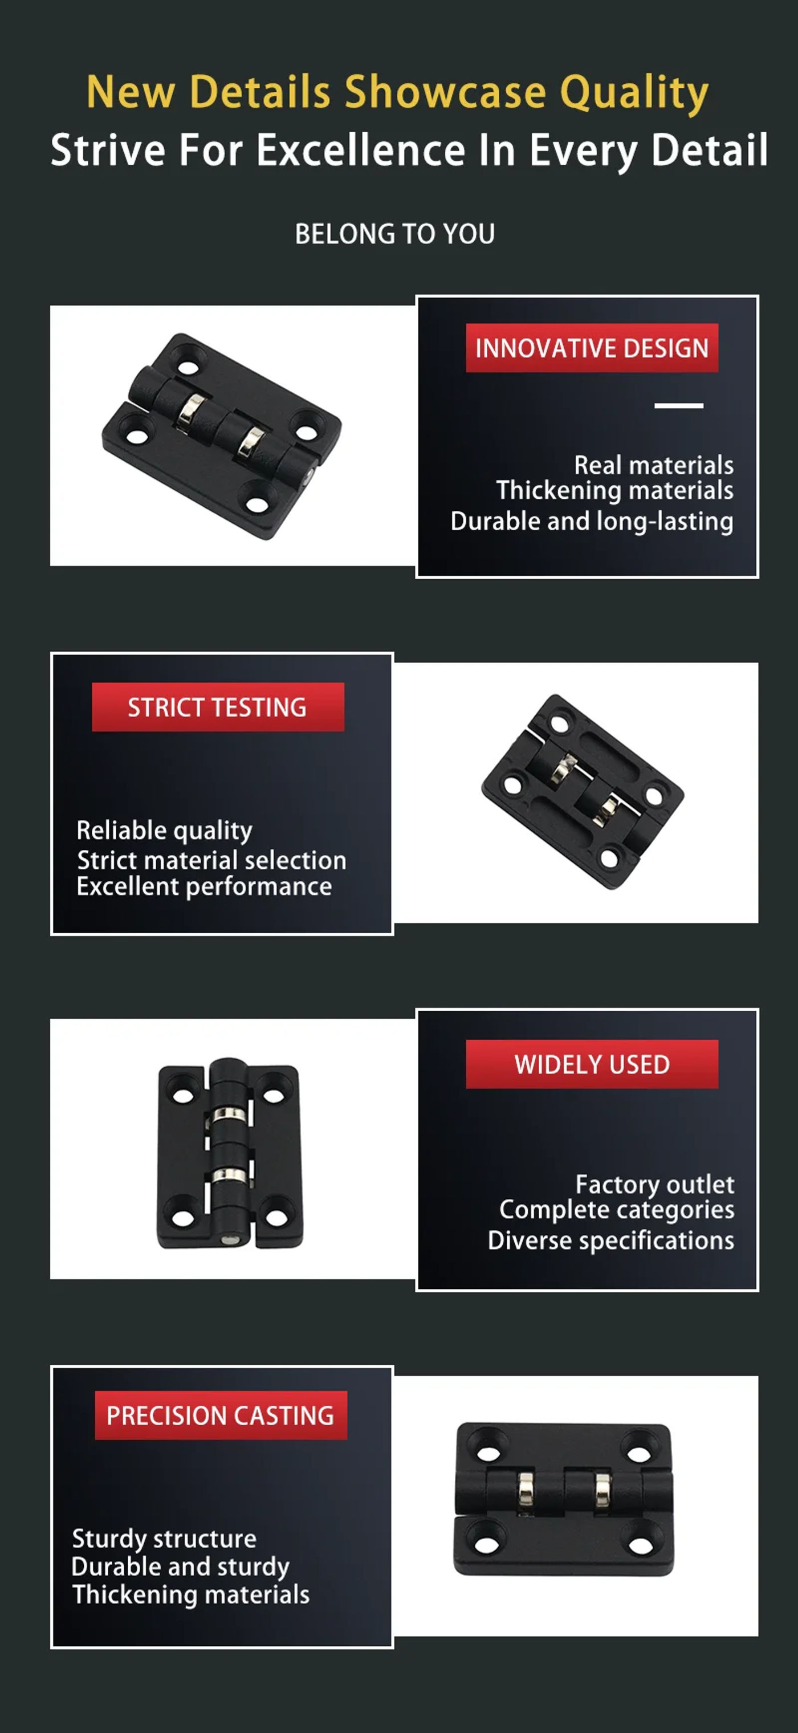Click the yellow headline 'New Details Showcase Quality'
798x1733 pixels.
click(398, 92)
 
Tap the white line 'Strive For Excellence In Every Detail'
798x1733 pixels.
click(409, 150)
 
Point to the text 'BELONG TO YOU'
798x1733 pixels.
click(395, 234)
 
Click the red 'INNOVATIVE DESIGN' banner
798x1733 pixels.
click(592, 348)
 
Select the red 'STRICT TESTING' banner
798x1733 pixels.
click(218, 707)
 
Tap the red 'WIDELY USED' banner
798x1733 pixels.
click(592, 1064)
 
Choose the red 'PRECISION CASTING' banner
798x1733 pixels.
click(221, 1415)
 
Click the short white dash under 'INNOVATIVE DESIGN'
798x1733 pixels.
click(679, 406)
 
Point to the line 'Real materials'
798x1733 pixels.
click(653, 465)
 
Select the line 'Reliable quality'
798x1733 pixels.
click(165, 831)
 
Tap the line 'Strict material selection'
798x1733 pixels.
click(212, 860)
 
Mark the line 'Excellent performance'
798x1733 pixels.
click(205, 886)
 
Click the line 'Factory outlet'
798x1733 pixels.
click(655, 1184)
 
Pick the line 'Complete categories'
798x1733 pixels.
click(617, 1210)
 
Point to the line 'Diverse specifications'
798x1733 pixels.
click(611, 1240)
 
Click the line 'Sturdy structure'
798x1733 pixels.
click(164, 1539)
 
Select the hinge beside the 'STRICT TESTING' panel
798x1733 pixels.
click(583, 792)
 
